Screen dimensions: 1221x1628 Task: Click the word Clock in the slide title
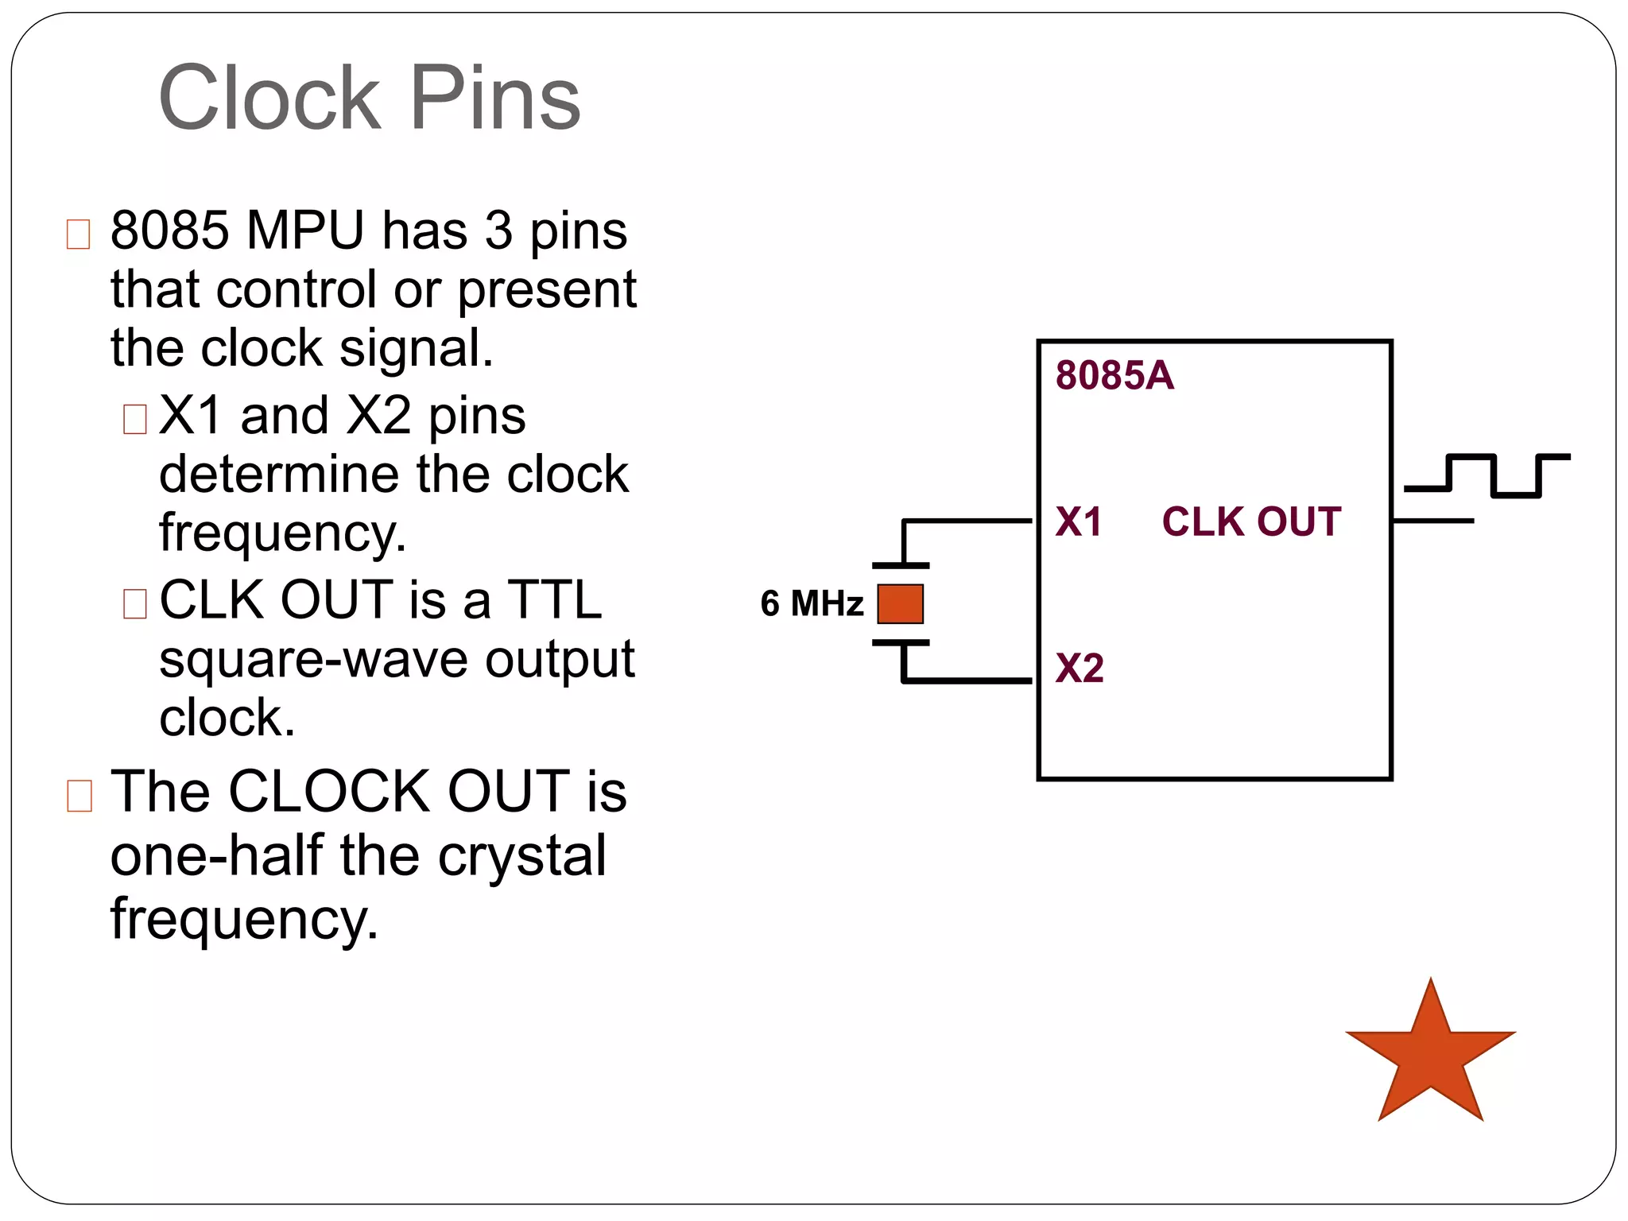[269, 99]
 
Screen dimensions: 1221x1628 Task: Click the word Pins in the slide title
[494, 99]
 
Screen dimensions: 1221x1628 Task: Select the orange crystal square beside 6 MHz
[900, 604]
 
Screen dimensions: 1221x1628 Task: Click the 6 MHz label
[811, 603]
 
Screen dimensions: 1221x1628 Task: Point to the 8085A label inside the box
[1114, 375]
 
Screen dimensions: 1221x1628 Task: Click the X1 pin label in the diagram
[1078, 522]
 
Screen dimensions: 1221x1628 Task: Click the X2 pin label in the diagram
[1079, 668]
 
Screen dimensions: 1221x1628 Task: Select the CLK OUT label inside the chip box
[1251, 522]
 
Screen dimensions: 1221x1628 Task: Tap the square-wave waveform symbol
[1487, 475]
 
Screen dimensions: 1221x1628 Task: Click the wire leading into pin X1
[970, 521]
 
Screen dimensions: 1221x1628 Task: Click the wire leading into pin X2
[970, 680]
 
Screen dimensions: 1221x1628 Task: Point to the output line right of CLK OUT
[1433, 521]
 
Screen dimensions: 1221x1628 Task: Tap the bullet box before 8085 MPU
[78, 235]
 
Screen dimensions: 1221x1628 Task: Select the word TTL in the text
[555, 600]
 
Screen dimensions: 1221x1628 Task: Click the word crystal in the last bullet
[521, 856]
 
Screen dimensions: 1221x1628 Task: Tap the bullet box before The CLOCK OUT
[79, 796]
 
